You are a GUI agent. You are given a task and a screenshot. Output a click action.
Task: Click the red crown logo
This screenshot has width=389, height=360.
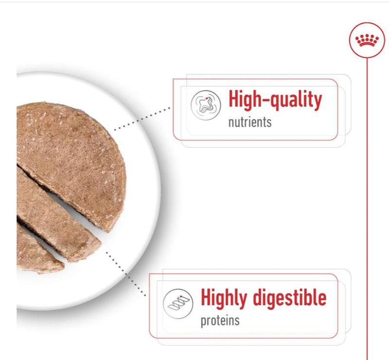pyautogui.click(x=367, y=40)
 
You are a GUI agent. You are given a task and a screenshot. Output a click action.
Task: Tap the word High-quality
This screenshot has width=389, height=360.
pyautogui.click(x=275, y=100)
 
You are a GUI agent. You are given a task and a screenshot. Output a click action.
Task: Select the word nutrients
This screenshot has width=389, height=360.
pyautogui.click(x=250, y=122)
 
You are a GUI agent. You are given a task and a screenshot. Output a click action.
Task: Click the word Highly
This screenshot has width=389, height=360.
pyautogui.click(x=224, y=298)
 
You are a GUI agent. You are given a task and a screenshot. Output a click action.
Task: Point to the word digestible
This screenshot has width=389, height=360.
pyautogui.click(x=289, y=297)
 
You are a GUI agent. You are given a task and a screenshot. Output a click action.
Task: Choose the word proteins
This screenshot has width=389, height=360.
pyautogui.click(x=220, y=321)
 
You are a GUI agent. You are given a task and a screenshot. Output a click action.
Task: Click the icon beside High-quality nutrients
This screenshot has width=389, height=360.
pyautogui.click(x=206, y=105)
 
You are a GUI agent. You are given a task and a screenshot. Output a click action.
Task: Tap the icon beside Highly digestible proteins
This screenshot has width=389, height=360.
pyautogui.click(x=178, y=304)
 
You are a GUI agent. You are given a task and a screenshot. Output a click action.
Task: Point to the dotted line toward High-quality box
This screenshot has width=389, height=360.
pyautogui.click(x=142, y=119)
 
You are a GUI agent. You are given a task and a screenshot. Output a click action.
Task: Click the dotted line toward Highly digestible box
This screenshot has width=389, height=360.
pyautogui.click(x=126, y=274)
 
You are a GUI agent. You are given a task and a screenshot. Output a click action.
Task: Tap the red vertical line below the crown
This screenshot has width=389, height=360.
pyautogui.click(x=367, y=209)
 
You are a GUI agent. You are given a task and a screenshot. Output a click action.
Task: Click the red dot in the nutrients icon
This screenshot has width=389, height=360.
pyautogui.click(x=207, y=99)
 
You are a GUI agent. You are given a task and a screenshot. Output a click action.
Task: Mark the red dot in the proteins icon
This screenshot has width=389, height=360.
pyautogui.click(x=181, y=296)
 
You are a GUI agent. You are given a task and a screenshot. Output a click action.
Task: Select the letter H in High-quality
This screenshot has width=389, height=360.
pyautogui.click(x=234, y=99)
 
